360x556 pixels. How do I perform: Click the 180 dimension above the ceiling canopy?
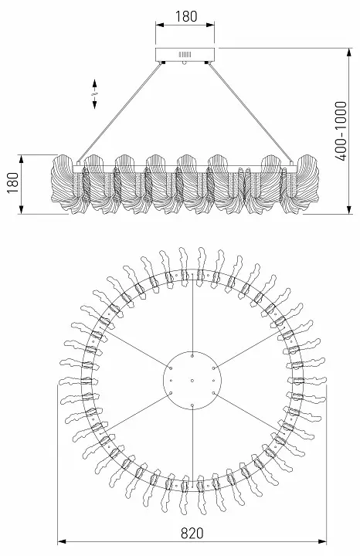pyautogui.click(x=186, y=16)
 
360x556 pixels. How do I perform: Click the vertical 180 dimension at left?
pyautogui.click(x=13, y=182)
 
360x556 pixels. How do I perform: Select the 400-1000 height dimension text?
pyautogui.click(x=341, y=131)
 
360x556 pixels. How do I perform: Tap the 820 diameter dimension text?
pyautogui.click(x=192, y=533)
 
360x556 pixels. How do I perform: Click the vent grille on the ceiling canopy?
pyautogui.click(x=185, y=55)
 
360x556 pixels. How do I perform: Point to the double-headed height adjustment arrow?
pyautogui.click(x=95, y=94)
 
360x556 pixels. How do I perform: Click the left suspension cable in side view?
pyautogui.click(x=120, y=112)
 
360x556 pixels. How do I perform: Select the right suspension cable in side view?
pyautogui.click(x=251, y=112)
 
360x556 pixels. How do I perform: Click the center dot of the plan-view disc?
pyautogui.click(x=192, y=381)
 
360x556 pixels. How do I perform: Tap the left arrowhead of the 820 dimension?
pyautogui.click(x=62, y=541)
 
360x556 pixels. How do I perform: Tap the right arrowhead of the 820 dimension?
pyautogui.click(x=322, y=541)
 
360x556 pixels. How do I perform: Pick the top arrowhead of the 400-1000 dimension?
pyautogui.click(x=350, y=53)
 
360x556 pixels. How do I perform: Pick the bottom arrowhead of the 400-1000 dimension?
pyautogui.click(x=350, y=209)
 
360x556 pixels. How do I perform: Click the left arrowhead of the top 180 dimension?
pyautogui.click(x=160, y=25)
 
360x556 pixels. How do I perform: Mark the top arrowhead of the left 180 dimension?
pyautogui.click(x=22, y=159)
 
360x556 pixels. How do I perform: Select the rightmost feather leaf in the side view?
pyautogui.click(x=307, y=184)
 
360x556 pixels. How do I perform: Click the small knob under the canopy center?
pyautogui.click(x=184, y=63)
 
